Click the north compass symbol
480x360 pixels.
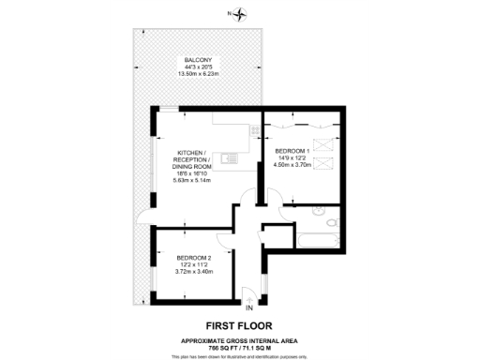coord(242,14)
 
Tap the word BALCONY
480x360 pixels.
coord(197,61)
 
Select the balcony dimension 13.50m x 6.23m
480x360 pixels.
coord(197,76)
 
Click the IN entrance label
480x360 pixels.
coord(249,307)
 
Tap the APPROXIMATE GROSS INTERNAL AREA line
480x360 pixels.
coord(240,340)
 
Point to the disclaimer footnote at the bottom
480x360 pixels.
coord(240,356)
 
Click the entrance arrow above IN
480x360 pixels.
coord(249,297)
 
